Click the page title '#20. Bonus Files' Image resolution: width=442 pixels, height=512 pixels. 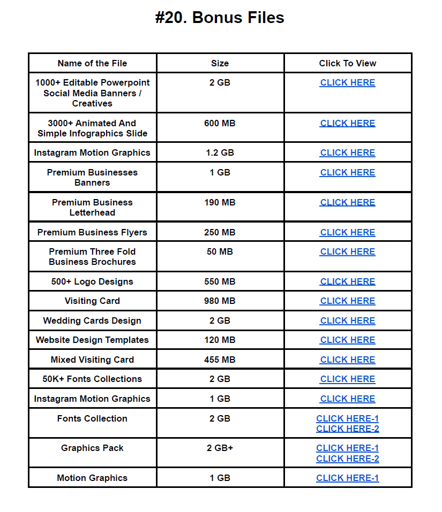pos(220,18)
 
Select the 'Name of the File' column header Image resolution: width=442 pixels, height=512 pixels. pos(92,63)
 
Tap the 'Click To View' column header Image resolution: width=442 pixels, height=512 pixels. pos(347,63)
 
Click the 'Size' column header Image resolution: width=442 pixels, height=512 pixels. pos(220,63)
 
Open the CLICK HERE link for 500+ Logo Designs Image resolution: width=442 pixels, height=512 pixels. pos(347,281)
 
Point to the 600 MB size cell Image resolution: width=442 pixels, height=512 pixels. pos(220,123)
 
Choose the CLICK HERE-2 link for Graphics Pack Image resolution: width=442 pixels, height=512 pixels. pos(347,458)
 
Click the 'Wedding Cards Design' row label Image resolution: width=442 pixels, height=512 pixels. pos(92,320)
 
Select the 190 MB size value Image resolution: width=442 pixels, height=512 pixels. pos(220,202)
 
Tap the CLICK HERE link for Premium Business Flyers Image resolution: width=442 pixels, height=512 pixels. pos(347,232)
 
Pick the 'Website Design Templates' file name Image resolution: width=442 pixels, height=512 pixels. pos(92,340)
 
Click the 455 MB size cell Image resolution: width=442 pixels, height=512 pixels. pos(220,360)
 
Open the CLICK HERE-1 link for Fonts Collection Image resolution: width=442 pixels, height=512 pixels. pos(347,418)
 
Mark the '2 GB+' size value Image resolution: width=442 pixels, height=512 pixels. pos(220,448)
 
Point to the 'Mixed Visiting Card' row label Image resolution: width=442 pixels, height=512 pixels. pos(92,360)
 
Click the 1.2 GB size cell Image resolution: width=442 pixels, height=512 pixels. pos(220,152)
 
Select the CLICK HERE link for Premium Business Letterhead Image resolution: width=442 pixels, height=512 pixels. pos(347,202)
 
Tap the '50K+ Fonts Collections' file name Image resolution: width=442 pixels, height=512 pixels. pos(92,379)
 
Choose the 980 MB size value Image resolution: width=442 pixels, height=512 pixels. pos(220,301)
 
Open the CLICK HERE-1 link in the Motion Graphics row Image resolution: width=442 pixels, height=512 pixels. pos(347,478)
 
